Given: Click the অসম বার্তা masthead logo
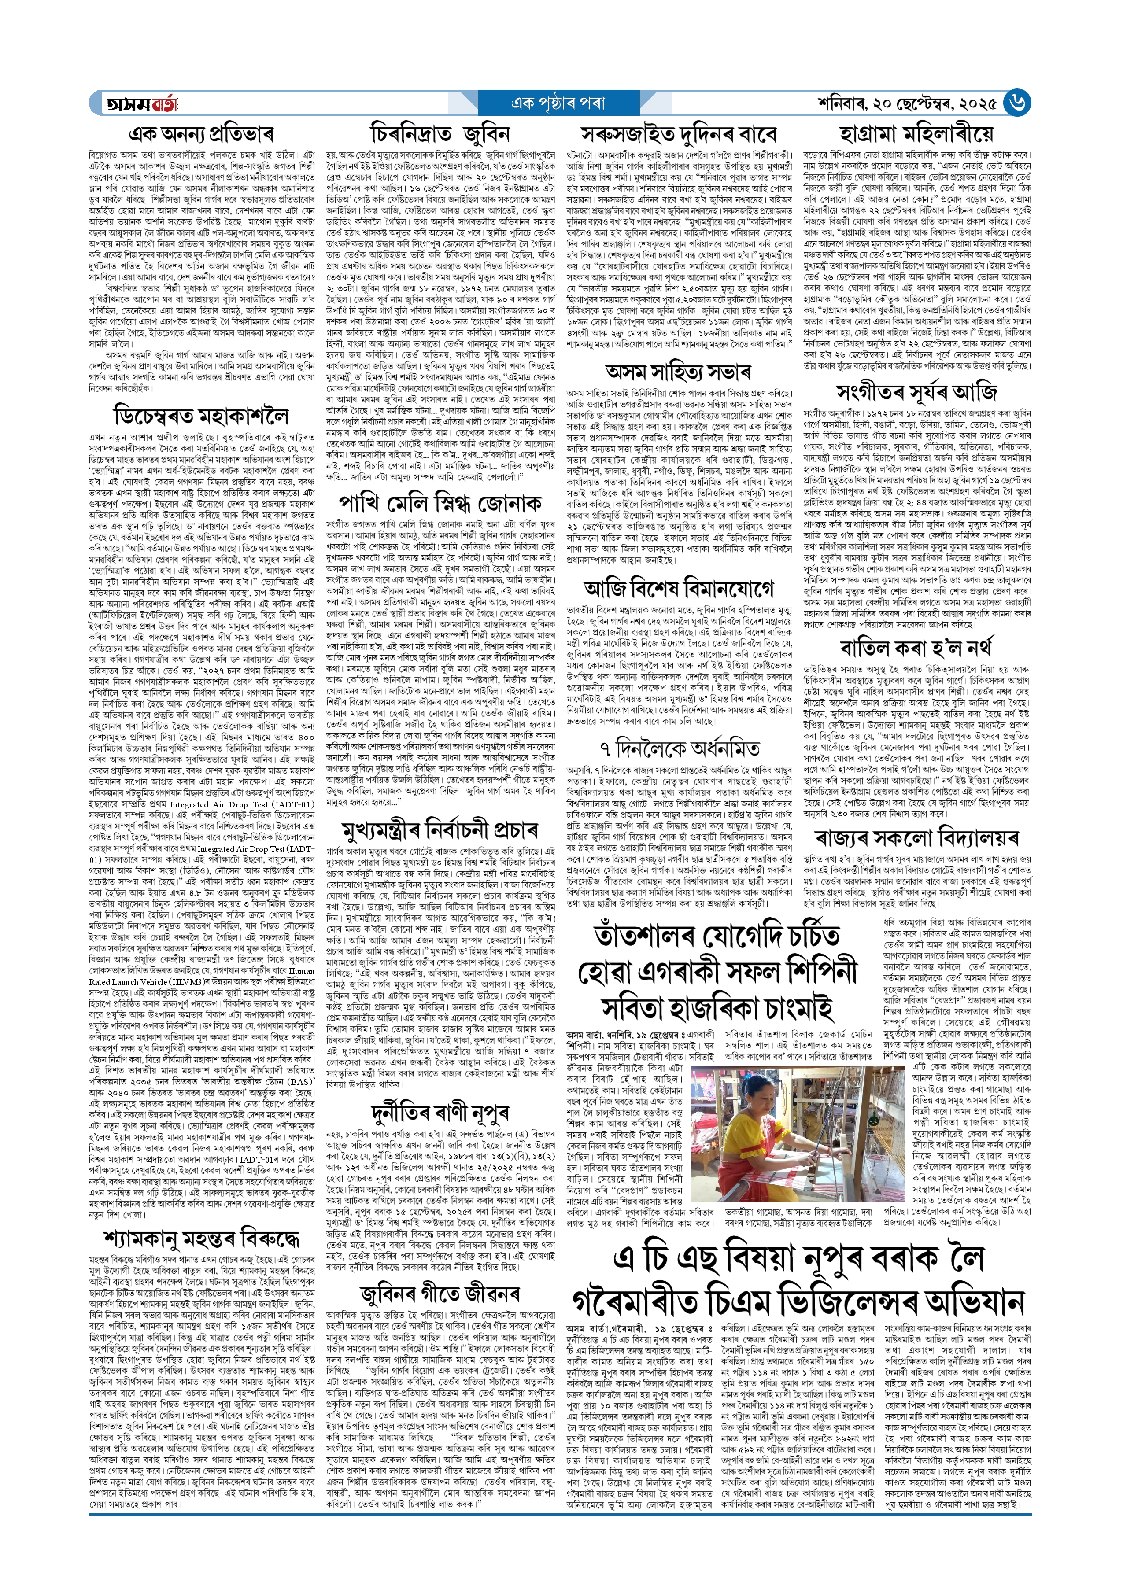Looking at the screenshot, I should (x=142, y=104).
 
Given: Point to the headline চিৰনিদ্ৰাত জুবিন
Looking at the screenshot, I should (x=440, y=133).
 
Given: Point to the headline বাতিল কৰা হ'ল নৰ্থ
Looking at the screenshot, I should (x=916, y=648).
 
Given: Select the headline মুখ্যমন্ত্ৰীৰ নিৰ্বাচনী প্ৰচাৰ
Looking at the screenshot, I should (x=440, y=829).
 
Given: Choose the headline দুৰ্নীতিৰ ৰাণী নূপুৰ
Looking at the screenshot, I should (x=440, y=1113).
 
